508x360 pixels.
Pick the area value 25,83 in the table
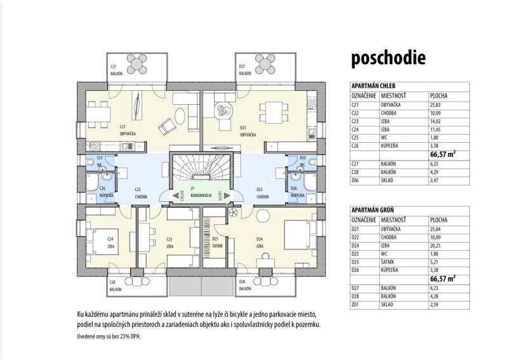[438, 104]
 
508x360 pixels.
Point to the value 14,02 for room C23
[438, 121]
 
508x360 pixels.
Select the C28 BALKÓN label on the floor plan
[115, 286]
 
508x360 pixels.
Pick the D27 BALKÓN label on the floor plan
[245, 70]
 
